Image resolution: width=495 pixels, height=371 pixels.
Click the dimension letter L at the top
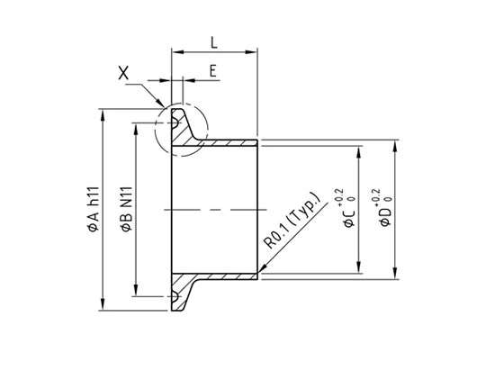pyautogui.click(x=212, y=41)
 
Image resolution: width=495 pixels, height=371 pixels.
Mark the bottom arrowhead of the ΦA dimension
pyautogui.click(x=104, y=307)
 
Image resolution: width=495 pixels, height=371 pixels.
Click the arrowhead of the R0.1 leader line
pyautogui.click(x=261, y=270)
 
